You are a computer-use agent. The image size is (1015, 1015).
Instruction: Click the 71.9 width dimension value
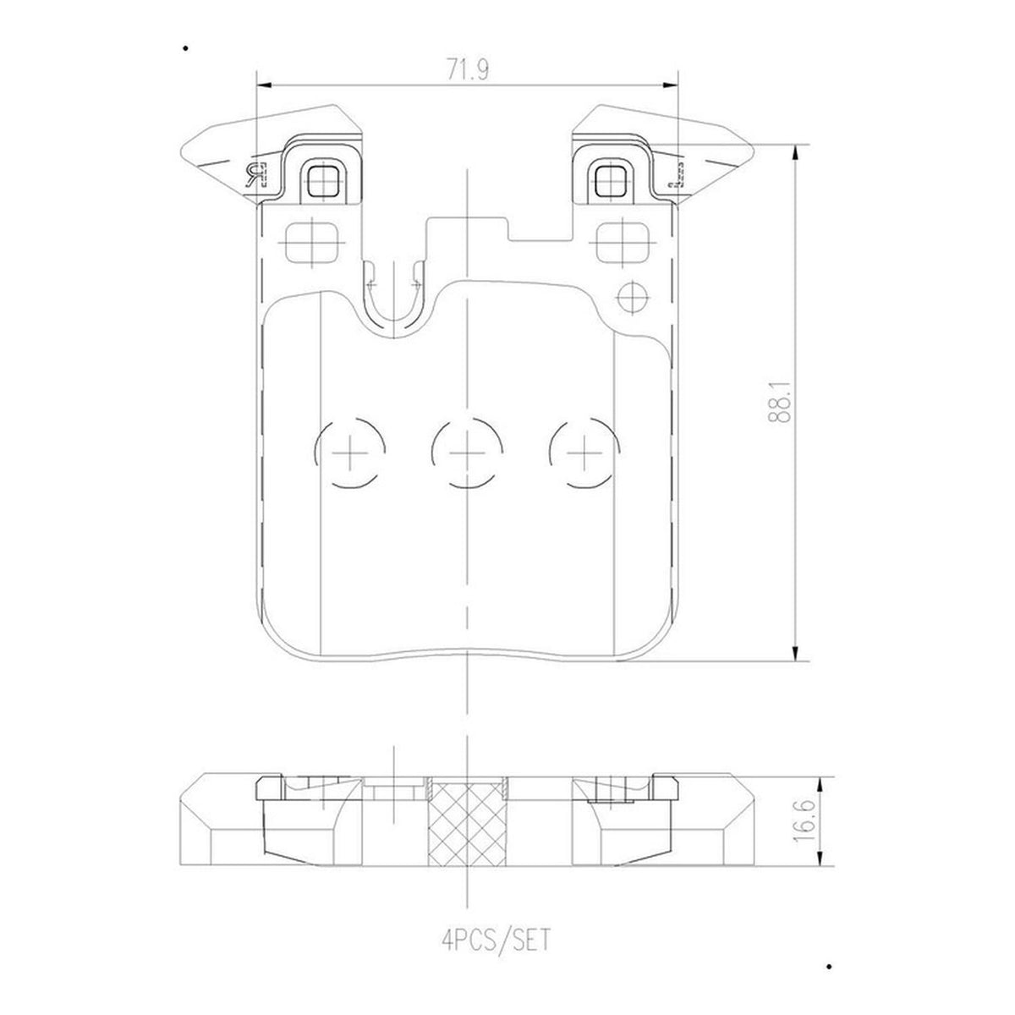point(468,69)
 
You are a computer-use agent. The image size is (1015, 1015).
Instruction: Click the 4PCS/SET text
point(497,939)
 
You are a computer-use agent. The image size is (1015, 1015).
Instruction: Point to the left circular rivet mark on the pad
point(349,453)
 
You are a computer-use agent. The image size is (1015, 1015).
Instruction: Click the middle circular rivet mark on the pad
point(467,453)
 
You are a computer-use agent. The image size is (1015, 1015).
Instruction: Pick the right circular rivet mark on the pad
point(584,453)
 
